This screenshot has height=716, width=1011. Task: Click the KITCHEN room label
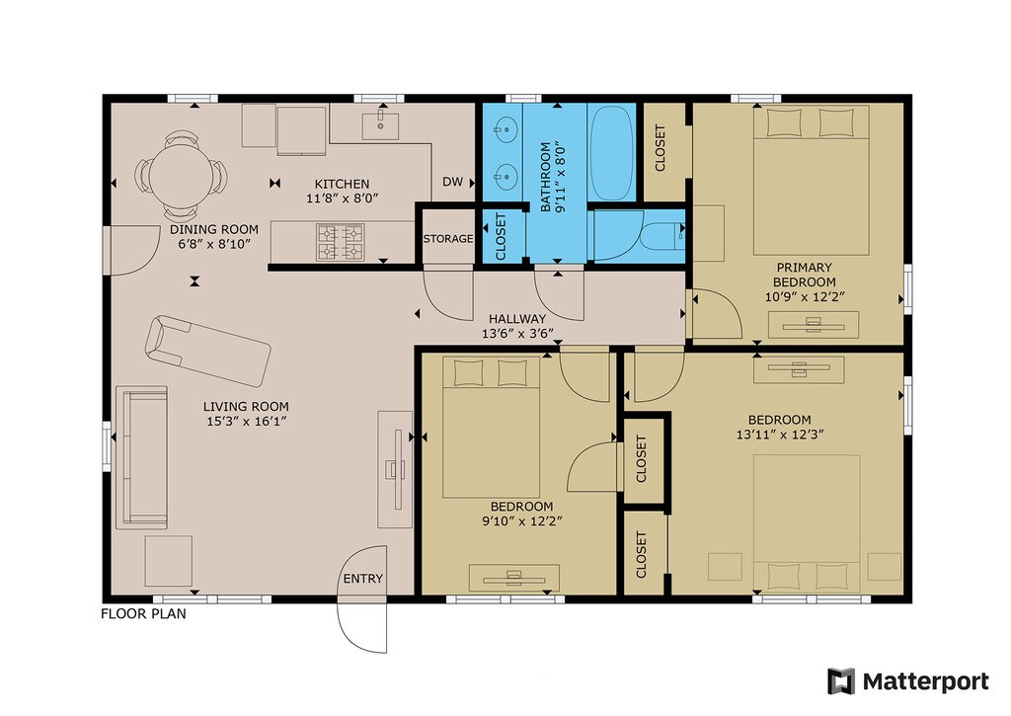[x=342, y=184]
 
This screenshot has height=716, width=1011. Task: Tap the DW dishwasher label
[x=452, y=182]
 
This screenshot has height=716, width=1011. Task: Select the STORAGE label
[x=448, y=239]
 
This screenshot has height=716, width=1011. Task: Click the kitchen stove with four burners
[x=341, y=242]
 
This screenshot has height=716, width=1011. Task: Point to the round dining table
[x=181, y=176]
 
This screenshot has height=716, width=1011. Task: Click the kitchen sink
[x=380, y=125]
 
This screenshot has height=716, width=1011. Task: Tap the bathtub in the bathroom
[x=612, y=153]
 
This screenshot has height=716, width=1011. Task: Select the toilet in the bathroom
[x=662, y=235]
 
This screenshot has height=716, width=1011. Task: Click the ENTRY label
[x=363, y=579]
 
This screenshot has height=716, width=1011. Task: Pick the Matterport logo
[x=908, y=681]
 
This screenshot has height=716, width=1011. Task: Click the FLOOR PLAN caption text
[x=143, y=613]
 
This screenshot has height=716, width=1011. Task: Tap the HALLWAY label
[x=517, y=319]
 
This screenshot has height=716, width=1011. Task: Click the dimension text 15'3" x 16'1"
[x=245, y=422]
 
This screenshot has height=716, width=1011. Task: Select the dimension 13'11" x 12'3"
[x=780, y=435]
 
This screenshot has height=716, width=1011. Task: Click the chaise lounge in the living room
[x=207, y=351]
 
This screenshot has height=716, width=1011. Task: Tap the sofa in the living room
[x=141, y=458]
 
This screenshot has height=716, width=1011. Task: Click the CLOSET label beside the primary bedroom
[x=661, y=148]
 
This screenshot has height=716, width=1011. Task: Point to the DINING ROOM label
[x=214, y=230]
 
